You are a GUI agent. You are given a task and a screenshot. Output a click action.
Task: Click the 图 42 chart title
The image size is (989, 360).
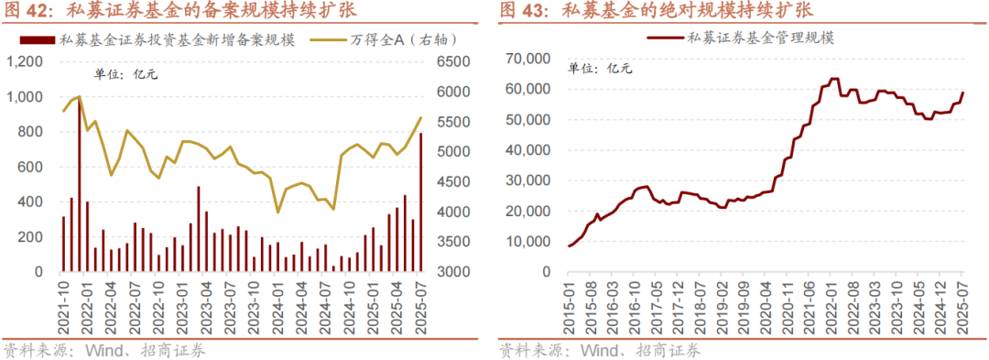179,11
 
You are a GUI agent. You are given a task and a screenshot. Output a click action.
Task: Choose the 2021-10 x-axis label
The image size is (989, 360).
62,300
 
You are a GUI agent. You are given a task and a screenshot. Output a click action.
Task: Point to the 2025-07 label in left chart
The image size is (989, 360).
420,300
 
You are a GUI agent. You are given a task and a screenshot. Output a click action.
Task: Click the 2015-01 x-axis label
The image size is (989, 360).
568,300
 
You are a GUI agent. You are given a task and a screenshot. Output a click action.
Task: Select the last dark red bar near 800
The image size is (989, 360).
420,202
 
